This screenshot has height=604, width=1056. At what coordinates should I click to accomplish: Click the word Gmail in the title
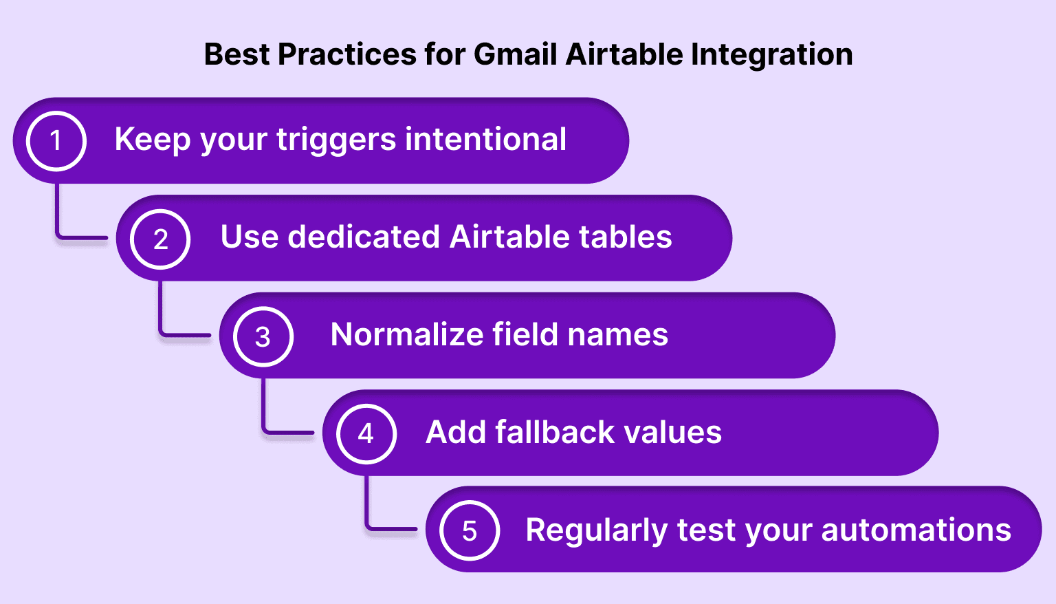(x=516, y=54)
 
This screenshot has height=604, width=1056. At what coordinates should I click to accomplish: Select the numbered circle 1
(x=56, y=141)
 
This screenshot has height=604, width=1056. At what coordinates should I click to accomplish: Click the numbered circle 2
(x=160, y=239)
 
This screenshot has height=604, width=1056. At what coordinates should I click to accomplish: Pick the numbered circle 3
(x=263, y=336)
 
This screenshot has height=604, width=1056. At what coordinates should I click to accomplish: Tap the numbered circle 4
(x=366, y=434)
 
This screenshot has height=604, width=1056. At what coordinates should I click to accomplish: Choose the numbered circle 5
(x=470, y=531)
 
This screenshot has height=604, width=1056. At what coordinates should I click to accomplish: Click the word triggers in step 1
(x=336, y=140)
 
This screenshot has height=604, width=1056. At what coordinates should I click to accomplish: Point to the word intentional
(x=485, y=139)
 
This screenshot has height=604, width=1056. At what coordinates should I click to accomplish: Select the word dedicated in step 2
(x=364, y=237)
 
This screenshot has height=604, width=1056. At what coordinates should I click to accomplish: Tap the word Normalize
(x=407, y=334)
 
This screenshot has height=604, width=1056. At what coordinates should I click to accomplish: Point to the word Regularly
(x=596, y=531)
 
